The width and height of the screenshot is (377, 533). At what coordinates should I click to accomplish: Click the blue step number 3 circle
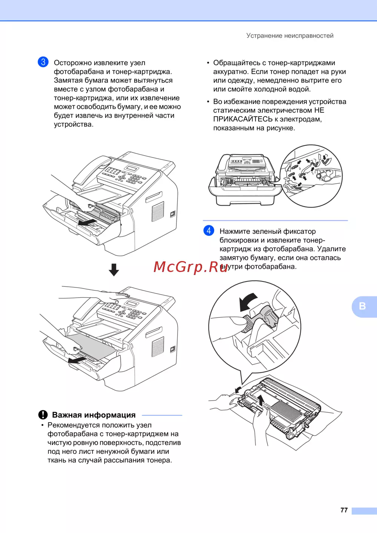(x=43, y=62)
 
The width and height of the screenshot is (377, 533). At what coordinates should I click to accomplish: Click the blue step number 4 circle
(x=208, y=230)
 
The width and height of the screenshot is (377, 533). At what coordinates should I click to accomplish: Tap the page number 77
(x=344, y=510)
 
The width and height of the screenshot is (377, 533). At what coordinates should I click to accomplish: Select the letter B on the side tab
(x=362, y=306)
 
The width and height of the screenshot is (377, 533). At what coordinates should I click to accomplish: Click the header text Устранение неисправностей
(x=290, y=36)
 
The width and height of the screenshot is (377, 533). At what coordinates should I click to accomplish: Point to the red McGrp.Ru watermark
(x=191, y=267)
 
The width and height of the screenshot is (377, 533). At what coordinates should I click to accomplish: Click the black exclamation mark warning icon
(x=43, y=415)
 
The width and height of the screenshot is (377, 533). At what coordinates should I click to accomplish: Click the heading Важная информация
(x=94, y=415)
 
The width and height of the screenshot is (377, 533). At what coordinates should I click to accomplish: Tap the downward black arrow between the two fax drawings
(x=114, y=270)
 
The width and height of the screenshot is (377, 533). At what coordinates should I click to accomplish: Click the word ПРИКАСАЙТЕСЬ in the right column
(x=243, y=119)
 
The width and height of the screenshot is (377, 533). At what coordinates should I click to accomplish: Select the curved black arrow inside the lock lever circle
(x=247, y=301)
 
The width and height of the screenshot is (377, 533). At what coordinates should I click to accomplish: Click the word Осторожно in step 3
(x=72, y=63)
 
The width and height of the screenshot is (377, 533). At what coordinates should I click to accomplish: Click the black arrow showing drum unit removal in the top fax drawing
(x=87, y=223)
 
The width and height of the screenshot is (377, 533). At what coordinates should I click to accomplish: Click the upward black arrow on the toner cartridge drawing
(x=261, y=400)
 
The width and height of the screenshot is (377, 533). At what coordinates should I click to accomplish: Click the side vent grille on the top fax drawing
(x=158, y=211)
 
